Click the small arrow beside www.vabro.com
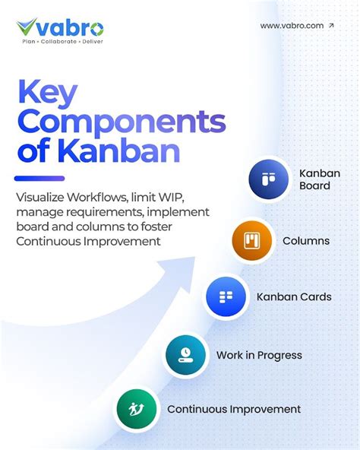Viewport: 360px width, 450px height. [x=330, y=25]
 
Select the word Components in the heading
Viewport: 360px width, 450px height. [x=120, y=121]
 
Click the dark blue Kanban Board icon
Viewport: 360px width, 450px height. [x=269, y=180]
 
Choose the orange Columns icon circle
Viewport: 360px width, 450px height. [x=252, y=241]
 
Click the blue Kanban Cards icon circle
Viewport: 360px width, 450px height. [x=226, y=296]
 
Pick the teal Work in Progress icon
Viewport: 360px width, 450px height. [x=185, y=354]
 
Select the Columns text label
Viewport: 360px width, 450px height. [x=306, y=241]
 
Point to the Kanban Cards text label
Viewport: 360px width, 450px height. [x=294, y=296]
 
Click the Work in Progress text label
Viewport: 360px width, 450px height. [x=259, y=355]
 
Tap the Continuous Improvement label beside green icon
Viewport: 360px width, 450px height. [x=234, y=409]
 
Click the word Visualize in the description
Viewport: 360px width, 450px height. [x=40, y=197]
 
